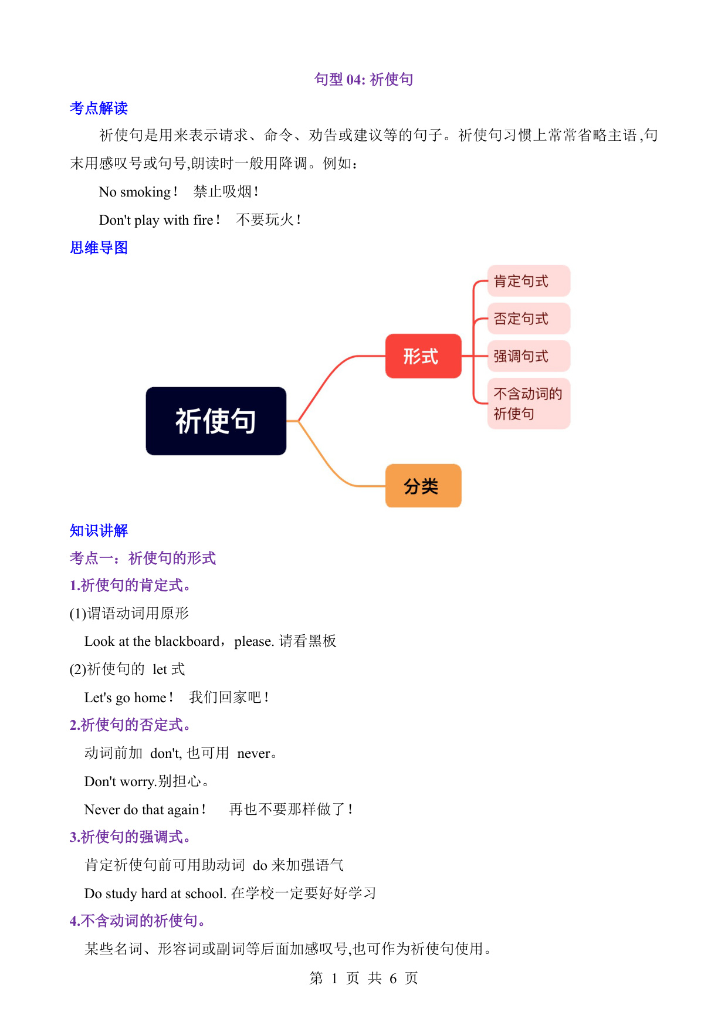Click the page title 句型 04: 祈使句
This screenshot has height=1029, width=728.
coord(364,79)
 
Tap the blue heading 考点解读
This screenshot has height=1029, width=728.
coord(99,108)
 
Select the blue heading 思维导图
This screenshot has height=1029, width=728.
coord(99,248)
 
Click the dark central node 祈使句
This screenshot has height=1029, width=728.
coord(216,421)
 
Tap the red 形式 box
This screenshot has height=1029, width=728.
coord(423,356)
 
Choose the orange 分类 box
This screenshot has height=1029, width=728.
coord(423,486)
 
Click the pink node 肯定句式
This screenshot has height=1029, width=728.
coord(529,281)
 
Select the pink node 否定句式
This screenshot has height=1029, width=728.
coord(529,319)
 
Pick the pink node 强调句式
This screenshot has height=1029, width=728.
coord(529,356)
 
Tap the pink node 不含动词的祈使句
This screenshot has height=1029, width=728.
coord(529,404)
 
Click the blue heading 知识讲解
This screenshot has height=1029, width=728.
coord(99,530)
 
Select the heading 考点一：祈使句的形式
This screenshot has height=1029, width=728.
coord(143,558)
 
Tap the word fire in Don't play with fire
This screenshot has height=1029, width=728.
coord(203,220)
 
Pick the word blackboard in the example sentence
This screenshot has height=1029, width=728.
coord(187,641)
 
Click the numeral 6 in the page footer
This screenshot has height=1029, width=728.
coord(393,979)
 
